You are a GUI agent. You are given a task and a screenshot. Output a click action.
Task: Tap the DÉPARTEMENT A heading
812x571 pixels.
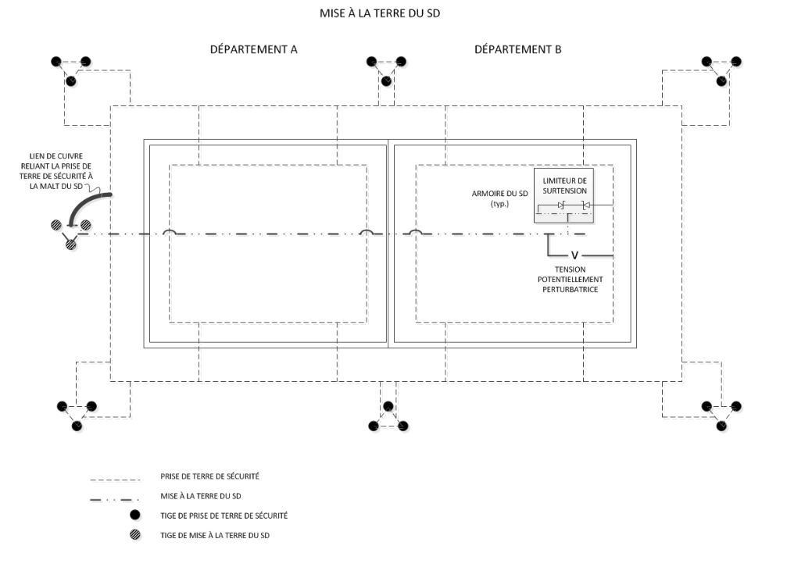(253, 49)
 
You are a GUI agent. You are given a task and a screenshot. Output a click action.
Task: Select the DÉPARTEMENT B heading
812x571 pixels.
(517, 49)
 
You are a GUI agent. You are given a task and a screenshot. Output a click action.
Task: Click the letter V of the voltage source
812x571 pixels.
(574, 255)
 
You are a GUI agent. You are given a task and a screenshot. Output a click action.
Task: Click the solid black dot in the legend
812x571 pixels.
(134, 515)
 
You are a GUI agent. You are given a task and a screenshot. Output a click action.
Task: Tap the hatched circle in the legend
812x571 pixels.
(134, 535)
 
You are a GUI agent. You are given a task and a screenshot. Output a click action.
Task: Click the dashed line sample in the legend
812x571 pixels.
(115, 479)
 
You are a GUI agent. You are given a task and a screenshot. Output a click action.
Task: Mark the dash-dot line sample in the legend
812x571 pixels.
(115, 498)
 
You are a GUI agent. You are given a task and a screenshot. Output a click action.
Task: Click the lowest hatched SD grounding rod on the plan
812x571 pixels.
(71, 244)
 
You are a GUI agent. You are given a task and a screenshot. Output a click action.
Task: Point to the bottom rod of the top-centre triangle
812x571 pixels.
(385, 81)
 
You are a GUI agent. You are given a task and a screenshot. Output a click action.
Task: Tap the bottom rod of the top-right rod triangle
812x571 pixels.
(722, 81)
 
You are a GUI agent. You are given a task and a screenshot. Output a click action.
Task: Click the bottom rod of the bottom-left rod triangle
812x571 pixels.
(76, 426)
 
